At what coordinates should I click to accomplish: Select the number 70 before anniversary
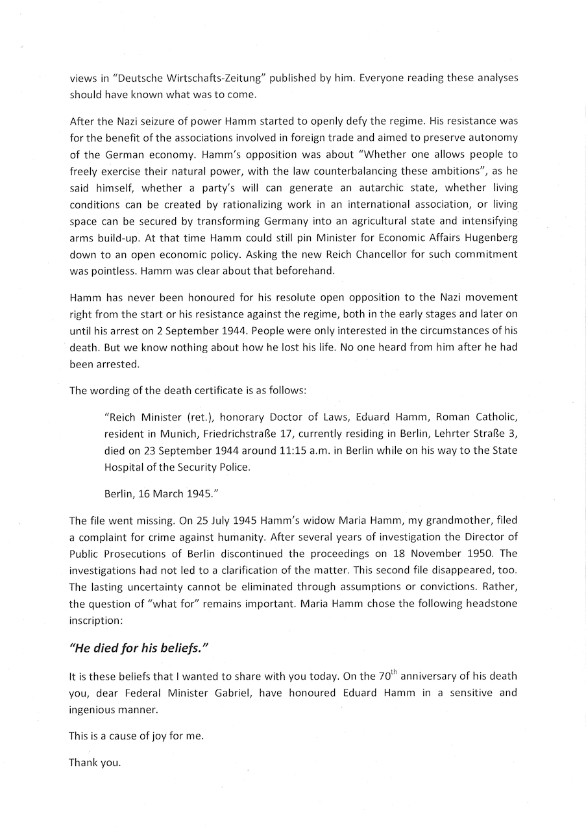(x=402, y=676)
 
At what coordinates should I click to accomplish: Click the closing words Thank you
(x=95, y=762)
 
